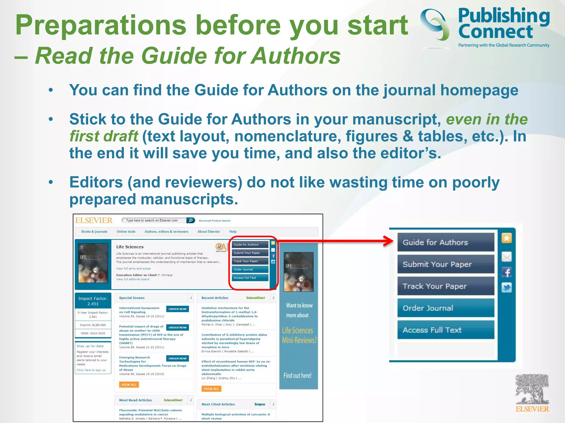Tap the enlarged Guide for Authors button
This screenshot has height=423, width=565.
pos(446,242)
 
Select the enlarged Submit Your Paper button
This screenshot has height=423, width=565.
pos(446,264)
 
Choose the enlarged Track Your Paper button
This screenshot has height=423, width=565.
pos(446,286)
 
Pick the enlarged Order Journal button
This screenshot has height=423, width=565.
pos(446,308)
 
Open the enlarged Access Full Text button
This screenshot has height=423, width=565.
pos(446,330)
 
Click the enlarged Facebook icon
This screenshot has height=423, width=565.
pos(507,272)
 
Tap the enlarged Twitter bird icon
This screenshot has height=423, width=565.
pos(507,288)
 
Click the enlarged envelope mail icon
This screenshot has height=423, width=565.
pos(507,257)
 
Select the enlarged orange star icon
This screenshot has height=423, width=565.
pos(507,238)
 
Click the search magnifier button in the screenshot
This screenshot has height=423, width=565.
pos(191,220)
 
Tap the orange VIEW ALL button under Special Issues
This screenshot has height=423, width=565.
pos(129,385)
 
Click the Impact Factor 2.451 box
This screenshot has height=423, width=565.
pos(93,301)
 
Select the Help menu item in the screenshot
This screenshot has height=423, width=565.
pos(233,232)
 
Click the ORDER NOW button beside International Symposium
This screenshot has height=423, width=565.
pos(178,309)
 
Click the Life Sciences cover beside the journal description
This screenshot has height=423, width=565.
pos(93,263)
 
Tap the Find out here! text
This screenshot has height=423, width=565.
pos(297,375)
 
